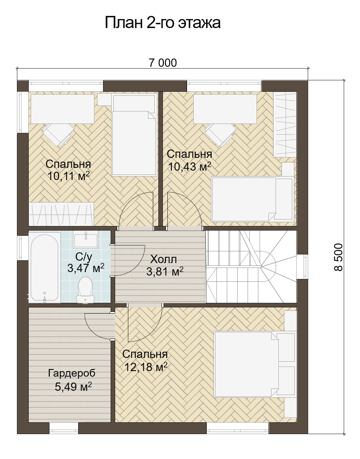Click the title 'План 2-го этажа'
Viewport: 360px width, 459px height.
pos(163,22)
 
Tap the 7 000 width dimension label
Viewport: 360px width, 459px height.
pos(163,63)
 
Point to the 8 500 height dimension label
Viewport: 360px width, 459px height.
pos(339,257)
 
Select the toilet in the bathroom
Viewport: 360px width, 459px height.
pos(85,290)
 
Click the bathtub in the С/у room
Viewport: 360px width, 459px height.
pos(45,268)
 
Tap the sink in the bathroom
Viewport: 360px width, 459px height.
pos(86,240)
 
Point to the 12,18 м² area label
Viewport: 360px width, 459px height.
pos(146,367)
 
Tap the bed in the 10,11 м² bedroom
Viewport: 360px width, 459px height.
pos(134,135)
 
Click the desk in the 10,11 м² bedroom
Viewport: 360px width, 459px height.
pos(63,109)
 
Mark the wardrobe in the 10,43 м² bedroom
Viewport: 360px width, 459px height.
pos(285,125)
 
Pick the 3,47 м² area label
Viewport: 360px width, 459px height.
pos(86,268)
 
